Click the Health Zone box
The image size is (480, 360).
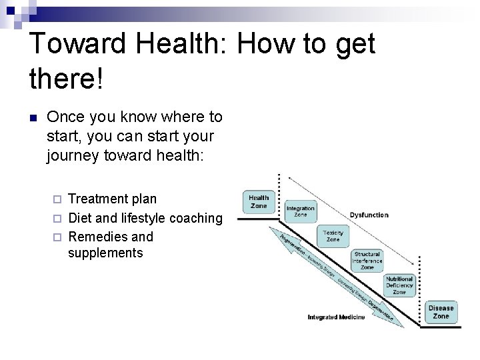[259, 202]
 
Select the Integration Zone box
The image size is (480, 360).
[300, 212]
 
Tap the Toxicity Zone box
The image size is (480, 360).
[333, 237]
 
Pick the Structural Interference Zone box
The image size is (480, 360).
[367, 261]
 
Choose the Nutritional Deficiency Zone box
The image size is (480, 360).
[399, 285]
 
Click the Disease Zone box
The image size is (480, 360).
[441, 312]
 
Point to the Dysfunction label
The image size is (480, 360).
[369, 215]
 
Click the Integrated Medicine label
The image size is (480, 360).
[336, 317]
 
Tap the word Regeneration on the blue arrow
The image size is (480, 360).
[291, 245]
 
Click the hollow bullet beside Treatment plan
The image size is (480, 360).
[57, 199]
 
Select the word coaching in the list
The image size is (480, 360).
[196, 218]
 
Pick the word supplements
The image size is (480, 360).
[105, 253]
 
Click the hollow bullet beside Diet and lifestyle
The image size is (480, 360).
[57, 219]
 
